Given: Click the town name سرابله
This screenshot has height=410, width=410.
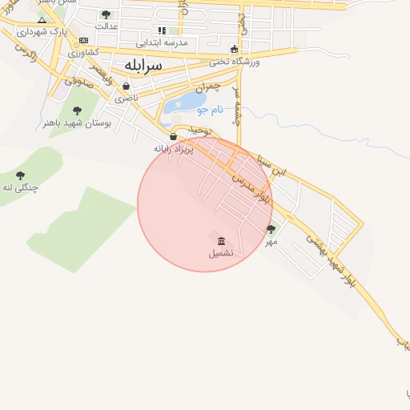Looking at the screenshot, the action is tap(143, 64).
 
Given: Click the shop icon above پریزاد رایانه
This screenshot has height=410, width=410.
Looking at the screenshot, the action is tap(174, 137).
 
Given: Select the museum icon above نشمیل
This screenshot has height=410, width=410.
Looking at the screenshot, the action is tap(221, 241).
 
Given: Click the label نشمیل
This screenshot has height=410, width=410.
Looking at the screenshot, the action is tap(221, 253).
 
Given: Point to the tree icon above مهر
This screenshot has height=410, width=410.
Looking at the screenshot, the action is tap(271, 230).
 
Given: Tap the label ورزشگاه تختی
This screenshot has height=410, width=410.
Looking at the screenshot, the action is tap(235, 61).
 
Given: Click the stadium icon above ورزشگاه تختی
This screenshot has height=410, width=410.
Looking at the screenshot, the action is tap(234, 49).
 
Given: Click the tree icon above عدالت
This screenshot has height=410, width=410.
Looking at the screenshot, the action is tap(106, 14).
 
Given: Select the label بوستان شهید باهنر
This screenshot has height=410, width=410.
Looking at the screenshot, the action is tap(77, 123).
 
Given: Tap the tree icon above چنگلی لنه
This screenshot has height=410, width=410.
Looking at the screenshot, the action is tap(20, 175).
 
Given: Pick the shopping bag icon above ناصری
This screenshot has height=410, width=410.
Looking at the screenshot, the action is tap(126, 86).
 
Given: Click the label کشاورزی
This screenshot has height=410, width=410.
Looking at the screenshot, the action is tap(83, 52).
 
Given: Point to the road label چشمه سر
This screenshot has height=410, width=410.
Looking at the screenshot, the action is tap(237, 104).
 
